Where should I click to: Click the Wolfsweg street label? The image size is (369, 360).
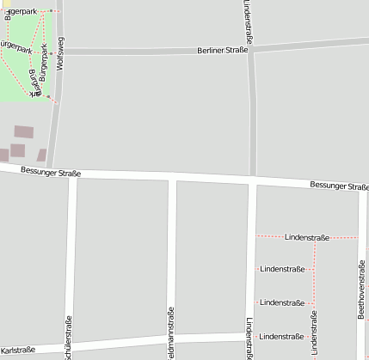(59, 52)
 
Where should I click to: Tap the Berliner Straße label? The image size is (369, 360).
(222, 51)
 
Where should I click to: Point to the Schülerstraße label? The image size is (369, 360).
(70, 335)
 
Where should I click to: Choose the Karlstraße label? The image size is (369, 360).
(18, 350)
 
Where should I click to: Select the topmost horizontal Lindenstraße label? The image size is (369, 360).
(307, 236)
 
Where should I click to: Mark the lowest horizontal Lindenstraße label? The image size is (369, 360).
(282, 336)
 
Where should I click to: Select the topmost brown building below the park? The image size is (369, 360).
(24, 132)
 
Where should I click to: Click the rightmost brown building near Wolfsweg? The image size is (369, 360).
(41, 156)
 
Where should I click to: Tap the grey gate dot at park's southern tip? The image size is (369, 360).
(48, 97)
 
